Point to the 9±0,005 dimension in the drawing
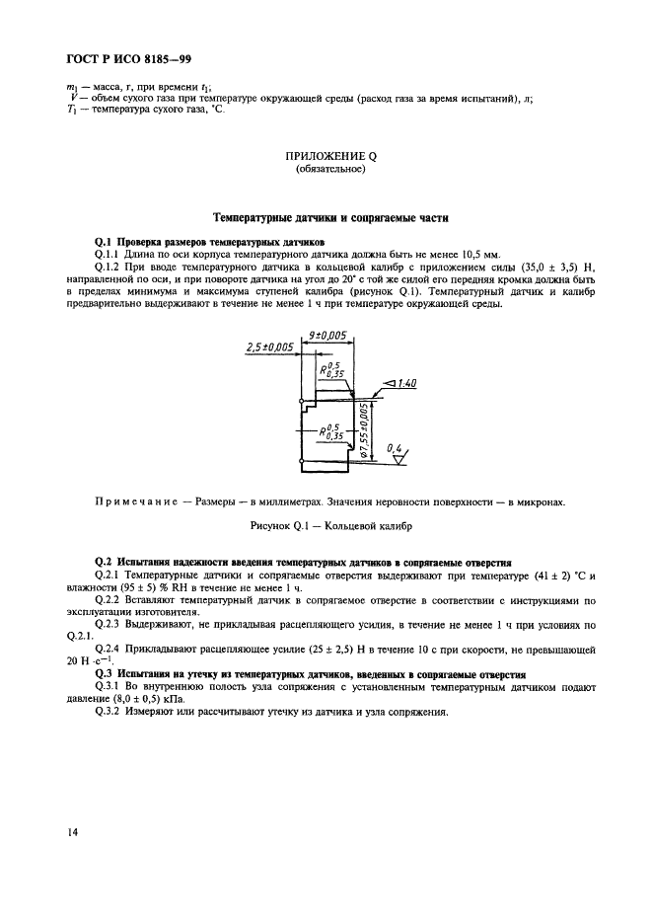pos(326,336)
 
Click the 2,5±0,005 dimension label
pos(268,347)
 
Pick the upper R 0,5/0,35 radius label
pos(330,371)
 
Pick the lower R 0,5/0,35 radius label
pos(330,431)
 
